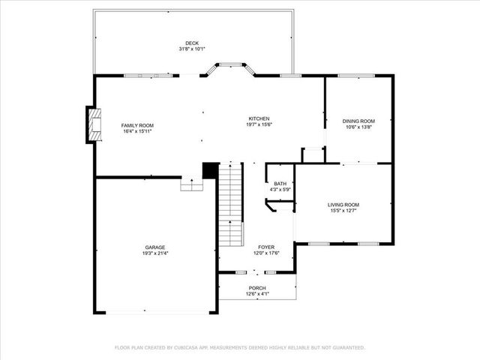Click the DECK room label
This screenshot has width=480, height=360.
pyautogui.click(x=193, y=43)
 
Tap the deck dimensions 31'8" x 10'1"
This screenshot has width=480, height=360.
pyautogui.click(x=193, y=49)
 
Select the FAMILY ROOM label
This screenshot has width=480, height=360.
pyautogui.click(x=137, y=125)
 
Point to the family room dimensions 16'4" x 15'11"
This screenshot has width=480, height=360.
pyautogui.click(x=137, y=131)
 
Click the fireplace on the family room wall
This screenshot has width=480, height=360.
pyautogui.click(x=93, y=125)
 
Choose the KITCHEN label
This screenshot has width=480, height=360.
pyautogui.click(x=259, y=118)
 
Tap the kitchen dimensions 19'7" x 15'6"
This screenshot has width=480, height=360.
pyautogui.click(x=259, y=124)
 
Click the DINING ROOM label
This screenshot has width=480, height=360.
pyautogui.click(x=358, y=121)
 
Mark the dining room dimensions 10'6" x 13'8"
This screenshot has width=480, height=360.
pyautogui.click(x=358, y=127)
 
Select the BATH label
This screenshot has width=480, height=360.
pyautogui.click(x=280, y=184)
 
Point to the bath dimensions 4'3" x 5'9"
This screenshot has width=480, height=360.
pyautogui.click(x=280, y=190)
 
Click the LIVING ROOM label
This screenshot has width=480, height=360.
pyautogui.click(x=343, y=205)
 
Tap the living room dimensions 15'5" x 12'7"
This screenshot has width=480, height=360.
pyautogui.click(x=343, y=211)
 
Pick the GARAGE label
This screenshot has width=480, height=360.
pyautogui.click(x=155, y=247)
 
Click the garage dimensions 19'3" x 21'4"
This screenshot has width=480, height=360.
pyautogui.click(x=155, y=253)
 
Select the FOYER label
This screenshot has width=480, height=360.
pyautogui.click(x=266, y=247)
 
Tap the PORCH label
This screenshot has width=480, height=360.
pyautogui.click(x=257, y=288)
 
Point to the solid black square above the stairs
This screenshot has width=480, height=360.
pyautogui.click(x=211, y=170)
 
